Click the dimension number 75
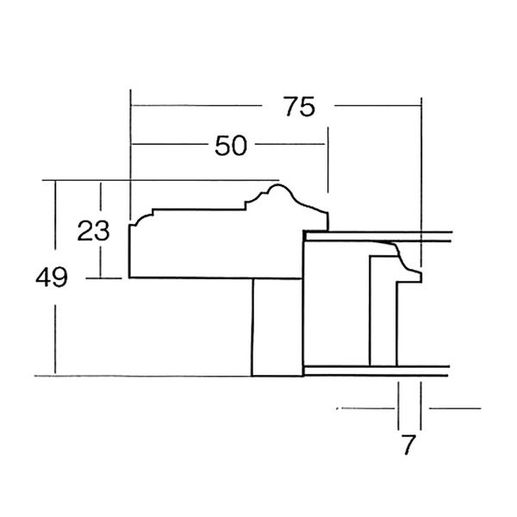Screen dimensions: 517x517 tap(299, 107)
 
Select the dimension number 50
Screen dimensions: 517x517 tap(230, 146)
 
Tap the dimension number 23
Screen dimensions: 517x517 tap(93, 230)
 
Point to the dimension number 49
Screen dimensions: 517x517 tap(52, 277)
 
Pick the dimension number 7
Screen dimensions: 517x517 tap(408, 445)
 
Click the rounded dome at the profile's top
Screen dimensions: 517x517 tap(278, 186)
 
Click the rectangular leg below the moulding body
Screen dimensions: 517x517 tap(277, 327)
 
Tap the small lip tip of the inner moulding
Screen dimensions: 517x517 tap(419, 277)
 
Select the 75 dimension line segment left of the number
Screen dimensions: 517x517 tap(196, 106)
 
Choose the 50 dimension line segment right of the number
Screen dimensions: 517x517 tap(290, 144)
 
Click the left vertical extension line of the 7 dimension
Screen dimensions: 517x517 tap(398, 406)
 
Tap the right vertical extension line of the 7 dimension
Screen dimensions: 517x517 tap(420, 406)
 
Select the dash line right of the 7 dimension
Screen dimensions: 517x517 tap(455, 408)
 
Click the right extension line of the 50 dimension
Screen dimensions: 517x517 tap(327, 160)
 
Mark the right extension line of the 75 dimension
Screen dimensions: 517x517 tap(421, 182)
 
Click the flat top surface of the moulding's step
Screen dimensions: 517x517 tap(199, 209)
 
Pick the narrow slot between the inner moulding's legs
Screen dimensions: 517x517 tap(383, 311)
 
